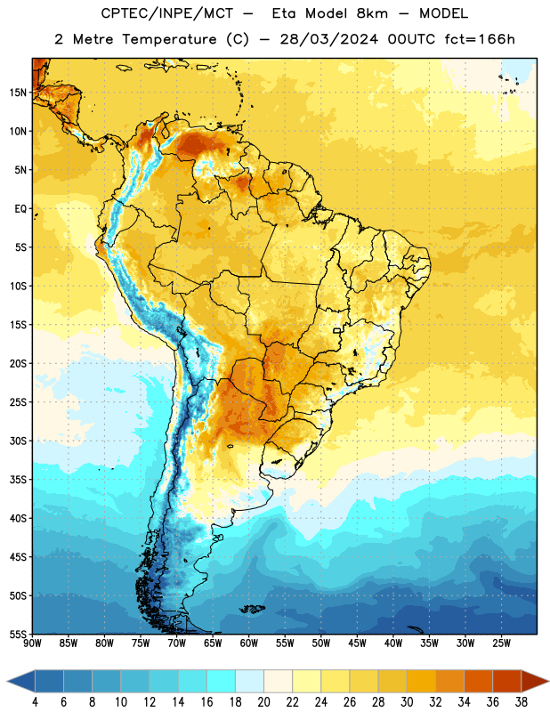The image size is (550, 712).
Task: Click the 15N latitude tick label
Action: coord(18,93)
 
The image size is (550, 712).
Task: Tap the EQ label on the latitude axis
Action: coord(20,209)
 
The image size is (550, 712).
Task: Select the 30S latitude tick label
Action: coord(18,441)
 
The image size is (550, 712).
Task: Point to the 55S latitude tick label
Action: coord(18,635)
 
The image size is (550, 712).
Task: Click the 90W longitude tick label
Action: coord(33,643)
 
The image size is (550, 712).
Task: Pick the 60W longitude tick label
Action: coord(249,643)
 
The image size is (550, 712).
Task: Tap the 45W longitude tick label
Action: coord(357,643)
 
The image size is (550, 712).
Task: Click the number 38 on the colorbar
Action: coord(522,702)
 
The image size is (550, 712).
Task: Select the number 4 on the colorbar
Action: coord(35,702)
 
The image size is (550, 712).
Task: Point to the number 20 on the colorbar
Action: coord(263,702)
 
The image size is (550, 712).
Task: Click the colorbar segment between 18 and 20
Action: coord(250,682)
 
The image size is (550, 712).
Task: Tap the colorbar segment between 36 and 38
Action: coord(507,682)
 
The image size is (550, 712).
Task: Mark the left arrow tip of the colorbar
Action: coord(7,682)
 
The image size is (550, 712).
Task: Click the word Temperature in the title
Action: coord(169,39)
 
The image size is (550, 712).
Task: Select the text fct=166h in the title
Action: coord(480,39)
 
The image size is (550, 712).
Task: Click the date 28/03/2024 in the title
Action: coord(328,39)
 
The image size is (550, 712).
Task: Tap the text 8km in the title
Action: coord(372,13)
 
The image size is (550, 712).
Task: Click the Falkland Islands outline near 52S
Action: coord(252,609)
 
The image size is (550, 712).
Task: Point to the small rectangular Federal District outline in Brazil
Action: coord(337,330)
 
